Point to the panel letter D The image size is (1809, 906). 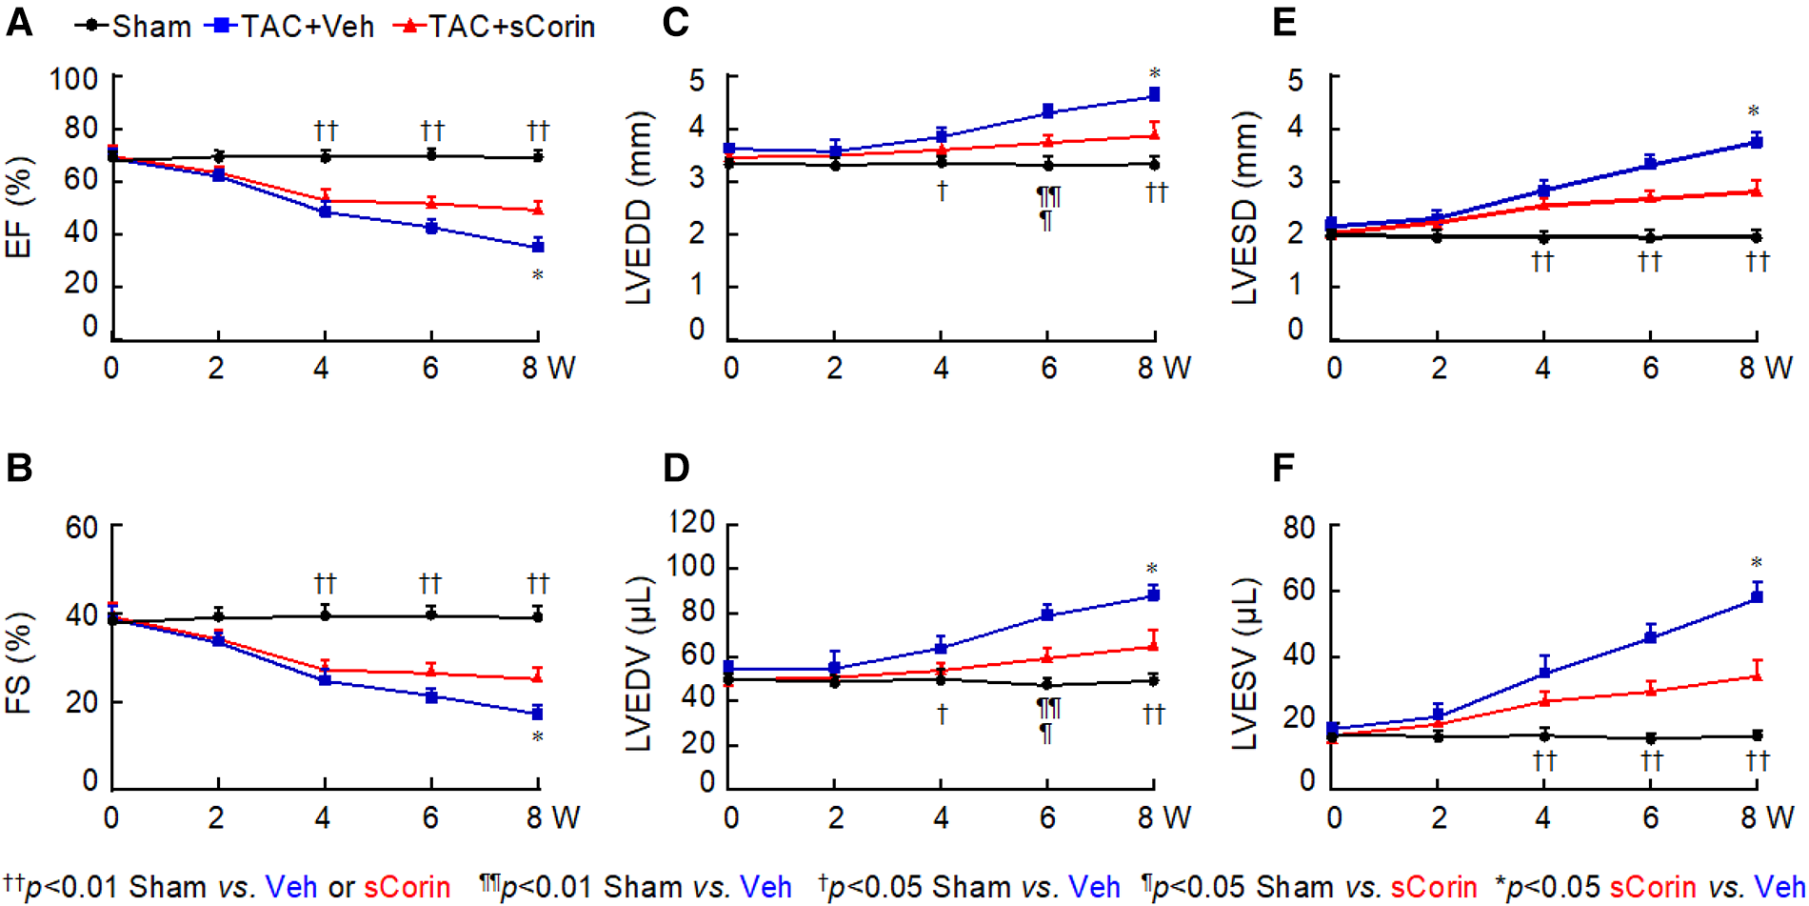click(x=675, y=468)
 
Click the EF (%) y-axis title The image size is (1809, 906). click(x=19, y=208)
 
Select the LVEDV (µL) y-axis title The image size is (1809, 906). click(x=639, y=663)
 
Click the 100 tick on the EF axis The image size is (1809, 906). click(x=74, y=78)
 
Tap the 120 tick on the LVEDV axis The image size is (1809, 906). click(x=692, y=522)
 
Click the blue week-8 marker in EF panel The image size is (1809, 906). click(x=538, y=247)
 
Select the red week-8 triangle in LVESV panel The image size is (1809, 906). click(x=1757, y=674)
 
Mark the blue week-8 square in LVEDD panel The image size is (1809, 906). click(x=1154, y=94)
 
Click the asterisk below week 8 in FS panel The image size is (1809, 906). click(x=538, y=737)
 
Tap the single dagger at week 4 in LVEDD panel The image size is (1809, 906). click(x=942, y=191)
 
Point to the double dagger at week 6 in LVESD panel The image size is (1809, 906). click(x=1650, y=260)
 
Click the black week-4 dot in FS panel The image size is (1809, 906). click(x=326, y=615)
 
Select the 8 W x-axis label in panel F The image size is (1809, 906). click(x=1766, y=816)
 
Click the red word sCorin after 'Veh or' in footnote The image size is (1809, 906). click(x=407, y=887)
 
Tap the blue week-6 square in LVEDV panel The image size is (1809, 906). click(x=1047, y=614)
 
